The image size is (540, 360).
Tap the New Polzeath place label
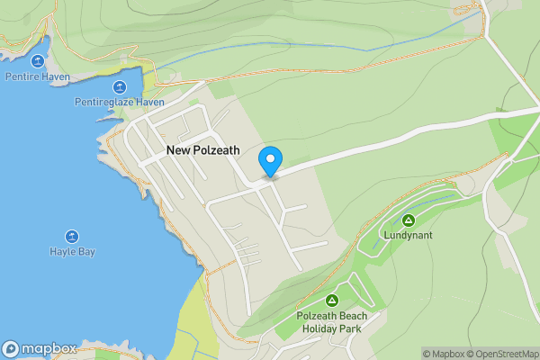click(202, 151)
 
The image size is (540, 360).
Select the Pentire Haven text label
click(37, 77)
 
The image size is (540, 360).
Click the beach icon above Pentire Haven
click(38, 61)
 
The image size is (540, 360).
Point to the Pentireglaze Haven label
click(120, 103)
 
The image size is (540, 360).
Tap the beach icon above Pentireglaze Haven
click(120, 87)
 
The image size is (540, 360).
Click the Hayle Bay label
click(72, 252)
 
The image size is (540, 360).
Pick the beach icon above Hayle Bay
click(72, 236)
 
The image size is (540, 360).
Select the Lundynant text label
click(408, 235)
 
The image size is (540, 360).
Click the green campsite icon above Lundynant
click(408, 220)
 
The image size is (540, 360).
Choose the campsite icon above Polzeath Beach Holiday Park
click(331, 300)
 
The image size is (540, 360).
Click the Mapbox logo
click(40, 349)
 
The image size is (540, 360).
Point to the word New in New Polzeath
click(176, 151)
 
